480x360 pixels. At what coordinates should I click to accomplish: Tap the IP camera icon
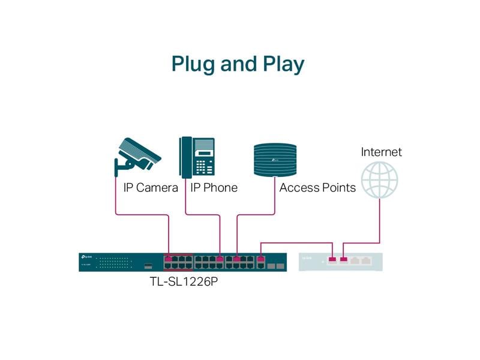click(140, 154)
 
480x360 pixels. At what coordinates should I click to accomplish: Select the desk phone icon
click(197, 157)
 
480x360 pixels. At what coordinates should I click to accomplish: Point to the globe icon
click(379, 179)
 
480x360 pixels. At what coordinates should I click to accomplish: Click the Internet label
click(381, 152)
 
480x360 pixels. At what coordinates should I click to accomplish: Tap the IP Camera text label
click(151, 188)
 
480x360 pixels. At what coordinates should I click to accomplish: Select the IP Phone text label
click(214, 188)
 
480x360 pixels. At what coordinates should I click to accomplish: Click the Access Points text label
click(317, 188)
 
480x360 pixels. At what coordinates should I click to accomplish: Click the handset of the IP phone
click(185, 157)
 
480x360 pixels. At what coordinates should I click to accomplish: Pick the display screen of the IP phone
click(204, 145)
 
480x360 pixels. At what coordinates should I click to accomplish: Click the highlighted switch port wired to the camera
click(169, 260)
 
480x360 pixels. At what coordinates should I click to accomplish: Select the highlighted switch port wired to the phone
click(220, 260)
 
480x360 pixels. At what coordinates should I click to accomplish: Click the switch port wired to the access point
click(237, 260)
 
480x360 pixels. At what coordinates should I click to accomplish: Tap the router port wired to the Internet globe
click(344, 260)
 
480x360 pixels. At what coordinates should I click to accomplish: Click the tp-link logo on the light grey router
click(306, 258)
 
